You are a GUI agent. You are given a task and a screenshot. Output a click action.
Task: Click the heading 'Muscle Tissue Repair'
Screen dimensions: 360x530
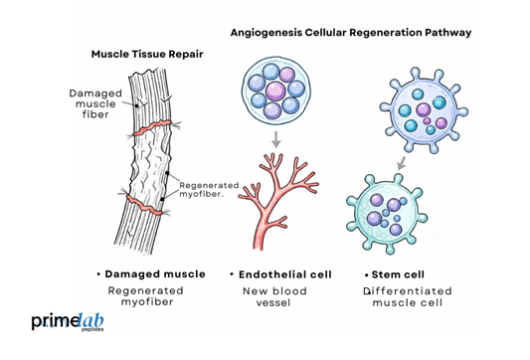(x=147, y=54)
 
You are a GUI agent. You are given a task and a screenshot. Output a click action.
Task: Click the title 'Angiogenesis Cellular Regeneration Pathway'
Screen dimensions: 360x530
(x=350, y=33)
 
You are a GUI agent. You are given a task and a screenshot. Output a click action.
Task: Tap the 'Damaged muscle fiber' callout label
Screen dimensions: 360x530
(x=96, y=102)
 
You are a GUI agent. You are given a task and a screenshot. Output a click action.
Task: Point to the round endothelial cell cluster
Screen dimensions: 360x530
(x=276, y=92)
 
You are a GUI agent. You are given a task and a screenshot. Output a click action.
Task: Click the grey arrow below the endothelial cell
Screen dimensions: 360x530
(x=277, y=138)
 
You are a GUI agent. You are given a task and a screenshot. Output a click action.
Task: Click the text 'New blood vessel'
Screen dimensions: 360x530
(x=275, y=297)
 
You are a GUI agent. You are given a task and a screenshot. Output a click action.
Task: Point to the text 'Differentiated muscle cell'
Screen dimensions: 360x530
(x=408, y=297)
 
